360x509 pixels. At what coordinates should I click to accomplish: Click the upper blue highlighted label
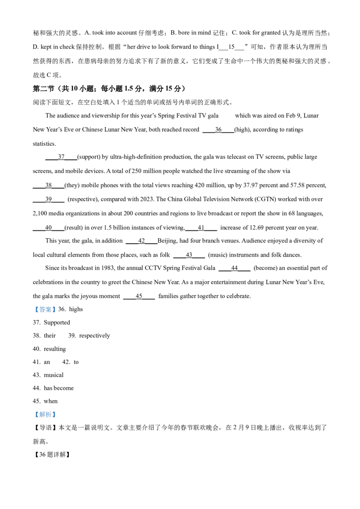coord(45,309)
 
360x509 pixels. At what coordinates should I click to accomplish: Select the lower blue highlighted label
coord(45,415)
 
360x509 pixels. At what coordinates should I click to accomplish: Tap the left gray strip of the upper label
coord(34,309)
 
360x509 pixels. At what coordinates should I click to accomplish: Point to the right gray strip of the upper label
coord(57,309)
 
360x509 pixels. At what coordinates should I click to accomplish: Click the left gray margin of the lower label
coord(34,415)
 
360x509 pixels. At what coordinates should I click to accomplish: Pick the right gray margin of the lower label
coord(57,415)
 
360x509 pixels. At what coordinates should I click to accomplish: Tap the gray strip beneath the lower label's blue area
coord(45,420)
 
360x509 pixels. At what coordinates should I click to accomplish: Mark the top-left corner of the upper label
coord(33,306)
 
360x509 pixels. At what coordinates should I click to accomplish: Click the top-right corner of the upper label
coord(57,306)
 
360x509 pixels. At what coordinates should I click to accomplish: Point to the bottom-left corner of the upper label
coord(33,313)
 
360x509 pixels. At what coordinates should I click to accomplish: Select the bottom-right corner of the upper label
coord(57,313)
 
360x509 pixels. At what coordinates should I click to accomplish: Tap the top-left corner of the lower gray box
coord(33,410)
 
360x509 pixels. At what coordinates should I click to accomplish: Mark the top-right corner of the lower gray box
coord(57,410)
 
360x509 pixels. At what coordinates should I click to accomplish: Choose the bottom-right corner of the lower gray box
coord(57,420)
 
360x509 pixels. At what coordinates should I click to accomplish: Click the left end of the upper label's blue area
coord(36,309)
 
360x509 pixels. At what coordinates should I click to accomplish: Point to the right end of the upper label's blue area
coord(55,309)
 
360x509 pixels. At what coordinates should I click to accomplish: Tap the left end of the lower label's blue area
coord(36,415)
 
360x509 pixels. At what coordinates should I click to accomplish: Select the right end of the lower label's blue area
coord(55,415)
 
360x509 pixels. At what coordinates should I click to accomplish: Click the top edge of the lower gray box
coord(45,410)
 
